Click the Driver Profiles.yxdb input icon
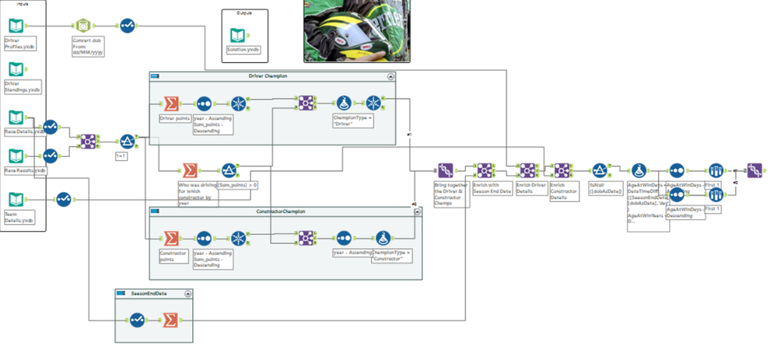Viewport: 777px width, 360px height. click(16, 26)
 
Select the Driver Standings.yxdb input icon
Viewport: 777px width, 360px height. click(16, 70)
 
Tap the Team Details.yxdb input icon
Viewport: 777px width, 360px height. click(16, 199)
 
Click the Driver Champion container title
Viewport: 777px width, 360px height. click(268, 76)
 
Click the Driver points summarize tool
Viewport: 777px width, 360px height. click(170, 103)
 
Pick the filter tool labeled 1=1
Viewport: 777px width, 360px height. click(127, 142)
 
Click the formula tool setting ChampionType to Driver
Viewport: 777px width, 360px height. click(345, 103)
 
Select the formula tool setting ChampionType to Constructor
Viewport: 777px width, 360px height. click(383, 239)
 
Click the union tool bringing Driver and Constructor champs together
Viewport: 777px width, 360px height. click(446, 170)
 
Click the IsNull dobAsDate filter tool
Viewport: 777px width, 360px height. click(599, 170)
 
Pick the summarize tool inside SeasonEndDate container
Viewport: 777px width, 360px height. click(170, 320)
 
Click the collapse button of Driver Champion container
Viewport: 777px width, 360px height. click(390, 76)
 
